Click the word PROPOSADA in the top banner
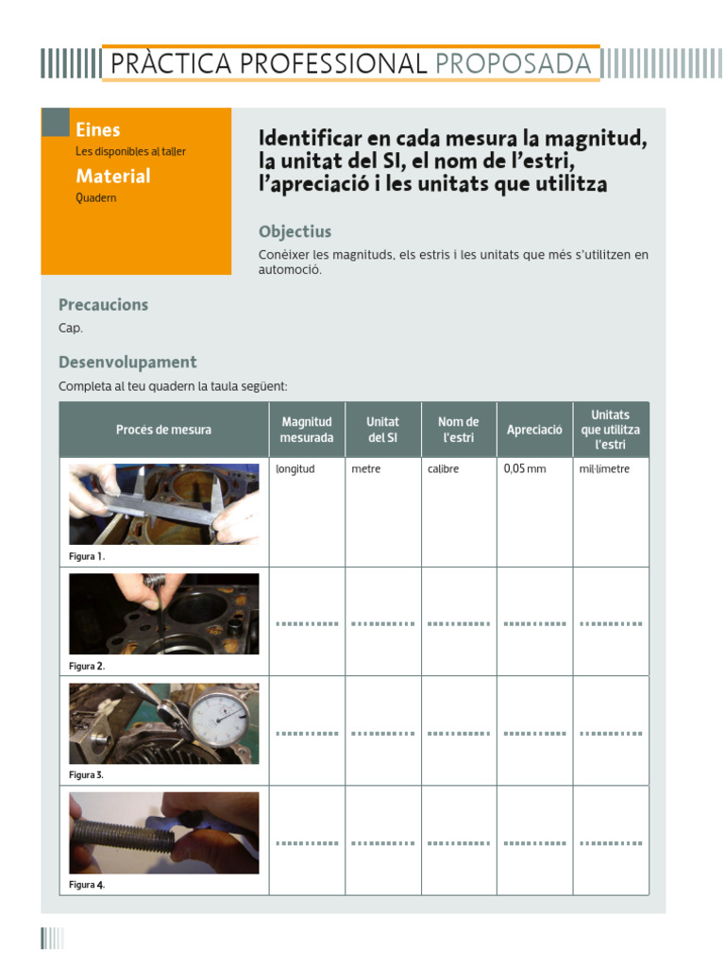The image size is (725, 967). tap(514, 64)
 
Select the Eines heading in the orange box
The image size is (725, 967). tap(98, 130)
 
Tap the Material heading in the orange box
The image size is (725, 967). tap(113, 176)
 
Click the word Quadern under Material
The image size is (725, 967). tap(96, 198)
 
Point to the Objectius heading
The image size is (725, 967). tap(295, 232)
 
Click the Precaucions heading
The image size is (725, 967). tap(104, 305)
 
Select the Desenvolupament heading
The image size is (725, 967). tap(127, 362)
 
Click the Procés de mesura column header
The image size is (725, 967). tap(164, 430)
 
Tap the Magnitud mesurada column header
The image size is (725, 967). tap(307, 430)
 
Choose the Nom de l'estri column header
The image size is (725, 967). tap(459, 430)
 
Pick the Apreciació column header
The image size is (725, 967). tap(534, 430)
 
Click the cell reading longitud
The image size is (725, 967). tap(295, 468)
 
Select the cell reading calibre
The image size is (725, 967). tap(444, 468)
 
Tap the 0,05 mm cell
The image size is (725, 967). tap(526, 468)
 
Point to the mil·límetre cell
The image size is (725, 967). tap(604, 468)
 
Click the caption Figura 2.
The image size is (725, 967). tap(87, 666)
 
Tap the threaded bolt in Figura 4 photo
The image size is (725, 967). tap(123, 833)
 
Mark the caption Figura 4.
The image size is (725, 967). tap(87, 885)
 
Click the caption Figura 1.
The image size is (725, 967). tap(87, 556)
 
